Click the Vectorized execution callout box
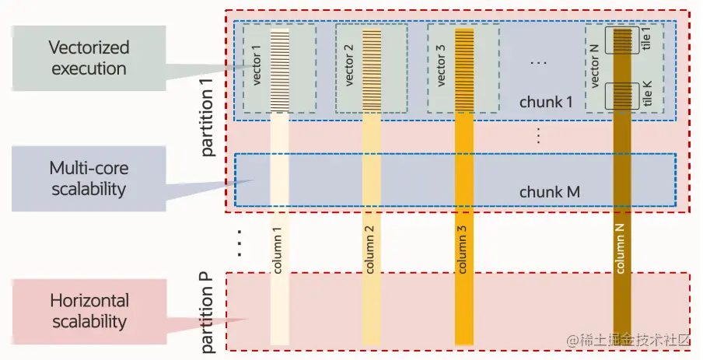pos(89,58)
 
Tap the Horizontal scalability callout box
pos(89,311)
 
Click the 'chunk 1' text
pos(546,102)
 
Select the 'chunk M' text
pos(550,191)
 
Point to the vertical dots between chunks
pos(538,135)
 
